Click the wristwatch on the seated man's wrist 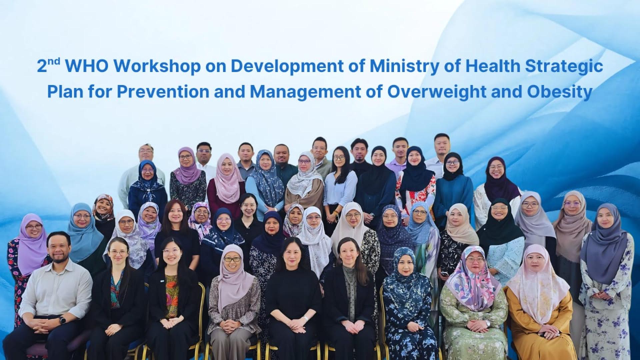[62, 319]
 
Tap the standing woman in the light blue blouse [340, 187]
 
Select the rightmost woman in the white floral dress [605, 283]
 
